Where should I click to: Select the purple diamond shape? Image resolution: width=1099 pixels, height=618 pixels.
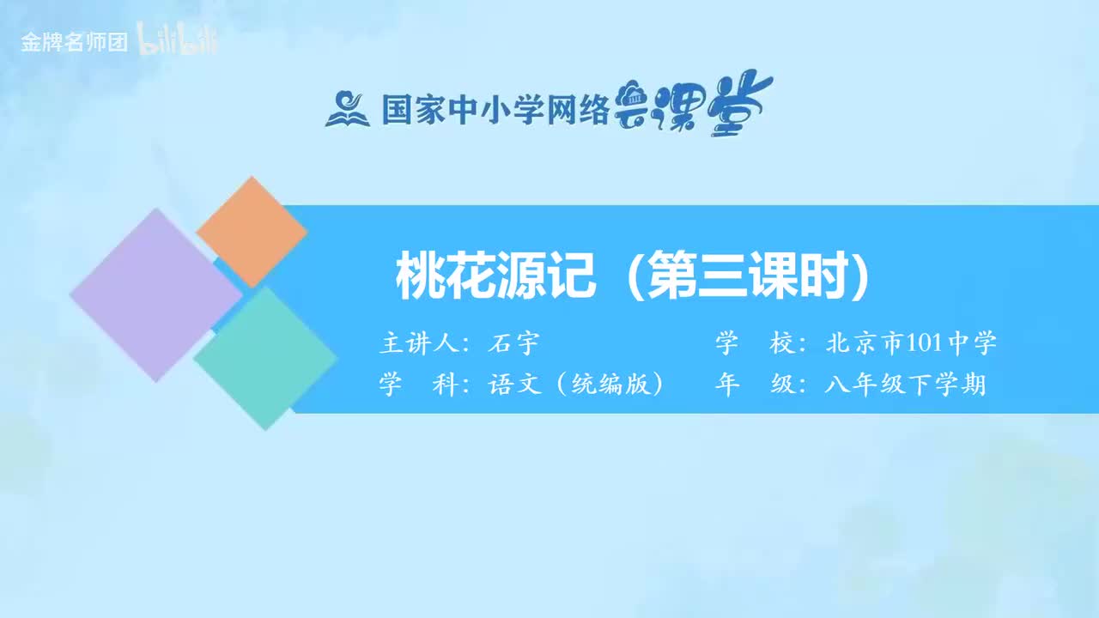(x=155, y=294)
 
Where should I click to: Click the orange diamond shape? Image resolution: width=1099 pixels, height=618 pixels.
(x=252, y=232)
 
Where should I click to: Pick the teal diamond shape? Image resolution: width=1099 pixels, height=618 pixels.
(x=265, y=358)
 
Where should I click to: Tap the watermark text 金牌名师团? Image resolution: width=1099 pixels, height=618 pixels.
(x=74, y=42)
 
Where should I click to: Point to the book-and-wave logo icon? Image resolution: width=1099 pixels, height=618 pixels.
(x=347, y=109)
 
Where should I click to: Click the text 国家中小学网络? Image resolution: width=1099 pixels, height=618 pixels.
(x=495, y=110)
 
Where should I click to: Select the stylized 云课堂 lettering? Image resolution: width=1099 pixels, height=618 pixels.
(x=693, y=105)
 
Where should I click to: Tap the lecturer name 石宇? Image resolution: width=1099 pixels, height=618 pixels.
(x=513, y=344)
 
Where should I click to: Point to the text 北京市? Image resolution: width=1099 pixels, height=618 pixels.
(x=864, y=344)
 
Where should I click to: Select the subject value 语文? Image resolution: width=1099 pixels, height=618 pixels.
(x=514, y=385)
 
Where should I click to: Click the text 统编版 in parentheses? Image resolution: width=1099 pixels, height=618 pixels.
(x=610, y=385)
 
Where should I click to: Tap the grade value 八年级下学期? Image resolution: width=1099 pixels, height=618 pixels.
(x=905, y=385)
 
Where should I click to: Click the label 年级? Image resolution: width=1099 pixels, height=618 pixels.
(x=755, y=385)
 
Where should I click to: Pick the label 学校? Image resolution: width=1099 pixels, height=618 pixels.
(x=755, y=344)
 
